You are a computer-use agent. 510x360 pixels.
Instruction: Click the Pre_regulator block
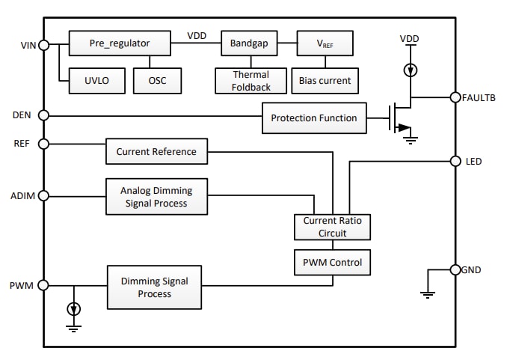click(x=120, y=43)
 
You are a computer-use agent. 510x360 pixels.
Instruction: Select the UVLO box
click(x=91, y=80)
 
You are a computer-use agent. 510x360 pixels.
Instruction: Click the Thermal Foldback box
click(x=243, y=80)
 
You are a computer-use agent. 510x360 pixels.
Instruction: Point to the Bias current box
click(x=325, y=80)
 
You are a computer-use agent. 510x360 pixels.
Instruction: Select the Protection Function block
click(x=314, y=118)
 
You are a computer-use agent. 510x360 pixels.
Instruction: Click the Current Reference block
click(x=156, y=151)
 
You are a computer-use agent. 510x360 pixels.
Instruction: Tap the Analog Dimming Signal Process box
click(x=156, y=197)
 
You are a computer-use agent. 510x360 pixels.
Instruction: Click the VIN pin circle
click(x=43, y=45)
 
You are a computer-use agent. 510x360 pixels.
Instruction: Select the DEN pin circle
click(x=43, y=115)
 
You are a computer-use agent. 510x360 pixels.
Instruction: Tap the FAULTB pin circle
click(x=455, y=97)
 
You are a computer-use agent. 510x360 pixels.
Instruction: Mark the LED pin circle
click(x=455, y=161)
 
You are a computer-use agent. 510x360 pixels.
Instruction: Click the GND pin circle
click(x=455, y=270)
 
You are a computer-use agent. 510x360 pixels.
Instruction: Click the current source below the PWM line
click(x=73, y=308)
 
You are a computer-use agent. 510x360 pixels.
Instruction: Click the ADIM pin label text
click(x=19, y=195)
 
